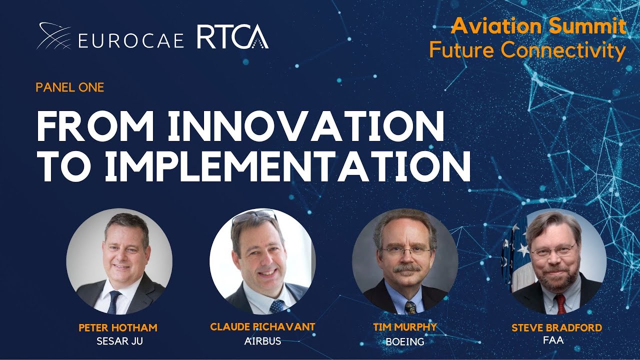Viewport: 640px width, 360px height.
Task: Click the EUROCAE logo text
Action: click(x=131, y=40)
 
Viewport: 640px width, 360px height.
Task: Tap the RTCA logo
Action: click(x=232, y=37)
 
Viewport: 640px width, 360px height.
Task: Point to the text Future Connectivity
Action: click(x=527, y=50)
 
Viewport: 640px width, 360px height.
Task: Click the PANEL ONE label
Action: click(x=69, y=87)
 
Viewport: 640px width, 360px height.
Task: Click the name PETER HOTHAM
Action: click(x=118, y=328)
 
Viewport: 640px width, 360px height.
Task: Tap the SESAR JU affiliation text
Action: click(x=118, y=342)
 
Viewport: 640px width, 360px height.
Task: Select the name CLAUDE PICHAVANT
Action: click(x=262, y=327)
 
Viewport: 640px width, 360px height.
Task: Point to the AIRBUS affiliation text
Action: click(x=262, y=341)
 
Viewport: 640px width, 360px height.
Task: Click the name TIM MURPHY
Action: click(x=405, y=327)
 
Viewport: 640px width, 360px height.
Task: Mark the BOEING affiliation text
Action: click(x=405, y=342)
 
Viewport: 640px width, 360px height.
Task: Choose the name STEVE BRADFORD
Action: click(x=556, y=328)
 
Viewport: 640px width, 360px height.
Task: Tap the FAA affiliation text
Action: click(x=552, y=340)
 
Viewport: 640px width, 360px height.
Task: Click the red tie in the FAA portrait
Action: click(x=560, y=303)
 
